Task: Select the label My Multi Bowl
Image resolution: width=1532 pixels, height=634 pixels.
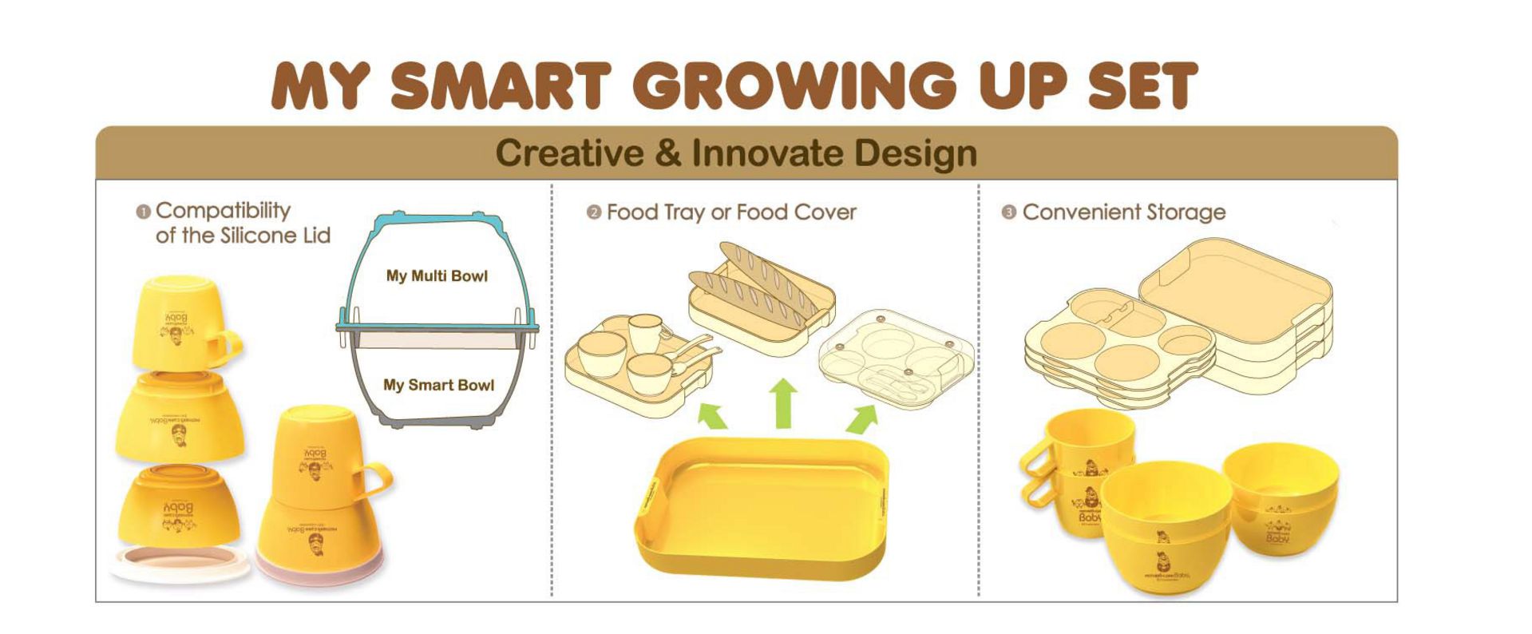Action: coord(437,276)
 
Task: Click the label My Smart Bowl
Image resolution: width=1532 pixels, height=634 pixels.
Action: coord(438,385)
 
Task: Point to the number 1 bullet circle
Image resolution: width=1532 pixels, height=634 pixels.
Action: coord(144,212)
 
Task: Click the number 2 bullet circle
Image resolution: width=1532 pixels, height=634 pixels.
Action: coord(593,212)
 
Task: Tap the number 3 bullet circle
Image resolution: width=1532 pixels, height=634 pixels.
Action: coord(1008,212)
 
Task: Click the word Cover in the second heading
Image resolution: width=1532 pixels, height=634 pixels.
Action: coord(828,212)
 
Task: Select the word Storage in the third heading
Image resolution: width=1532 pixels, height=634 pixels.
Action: coord(1186,212)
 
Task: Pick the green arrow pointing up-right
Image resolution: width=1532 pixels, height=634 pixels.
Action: coord(862,418)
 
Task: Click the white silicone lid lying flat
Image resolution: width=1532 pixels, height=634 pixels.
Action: coord(180,563)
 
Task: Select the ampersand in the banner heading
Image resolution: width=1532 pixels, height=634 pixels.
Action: coord(667,153)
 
